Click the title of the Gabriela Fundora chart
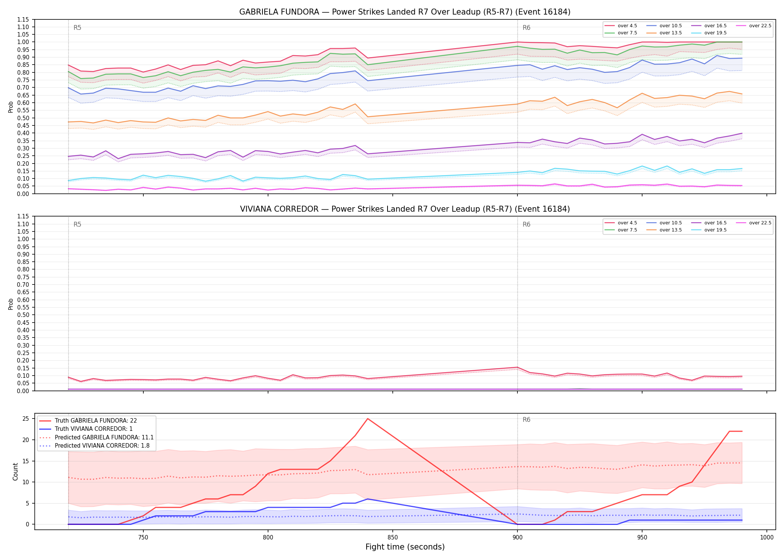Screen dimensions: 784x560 coord(405,12)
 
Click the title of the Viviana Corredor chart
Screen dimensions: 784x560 coord(405,209)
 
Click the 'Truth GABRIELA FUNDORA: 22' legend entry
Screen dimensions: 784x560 coord(88,421)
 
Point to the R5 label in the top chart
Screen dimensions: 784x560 coord(77,28)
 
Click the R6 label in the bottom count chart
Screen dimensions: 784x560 coord(526,420)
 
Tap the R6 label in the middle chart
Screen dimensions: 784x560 coord(526,224)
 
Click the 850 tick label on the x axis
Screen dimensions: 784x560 coord(393,537)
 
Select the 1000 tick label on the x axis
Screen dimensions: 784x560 coord(767,537)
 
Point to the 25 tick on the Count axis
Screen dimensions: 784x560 coord(26,419)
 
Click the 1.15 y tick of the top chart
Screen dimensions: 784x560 coord(23,19)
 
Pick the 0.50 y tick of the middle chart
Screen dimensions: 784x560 coord(23,315)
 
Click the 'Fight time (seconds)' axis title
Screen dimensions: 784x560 coord(405,547)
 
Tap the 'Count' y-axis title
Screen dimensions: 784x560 coord(15,472)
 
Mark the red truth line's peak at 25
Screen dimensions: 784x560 coord(368,419)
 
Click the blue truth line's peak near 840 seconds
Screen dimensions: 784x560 coord(368,499)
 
